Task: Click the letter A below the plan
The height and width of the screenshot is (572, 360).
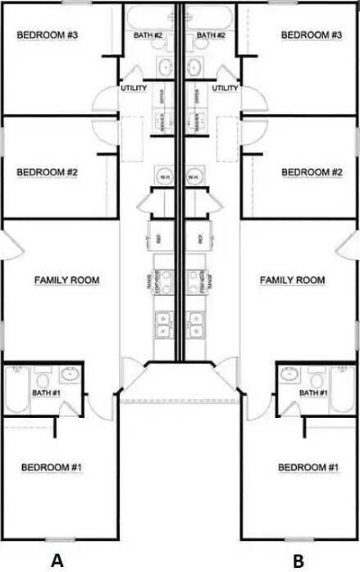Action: pyautogui.click(x=57, y=561)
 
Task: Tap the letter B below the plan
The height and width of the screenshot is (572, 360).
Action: pyautogui.click(x=298, y=561)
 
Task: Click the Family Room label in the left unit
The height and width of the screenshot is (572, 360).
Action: pyautogui.click(x=66, y=280)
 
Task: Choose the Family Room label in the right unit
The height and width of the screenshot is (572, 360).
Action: pyautogui.click(x=292, y=280)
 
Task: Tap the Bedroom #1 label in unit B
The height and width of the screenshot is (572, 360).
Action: pyautogui.click(x=308, y=467)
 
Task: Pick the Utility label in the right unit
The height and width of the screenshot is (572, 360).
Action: pyautogui.click(x=225, y=88)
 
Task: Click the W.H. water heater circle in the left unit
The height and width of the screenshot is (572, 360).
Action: pyautogui.click(x=164, y=176)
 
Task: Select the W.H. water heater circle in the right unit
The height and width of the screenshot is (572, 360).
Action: pyautogui.click(x=195, y=176)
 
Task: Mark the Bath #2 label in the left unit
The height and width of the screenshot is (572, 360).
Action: pyautogui.click(x=148, y=35)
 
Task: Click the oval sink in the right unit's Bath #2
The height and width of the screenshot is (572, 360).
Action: pyautogui.click(x=197, y=66)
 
